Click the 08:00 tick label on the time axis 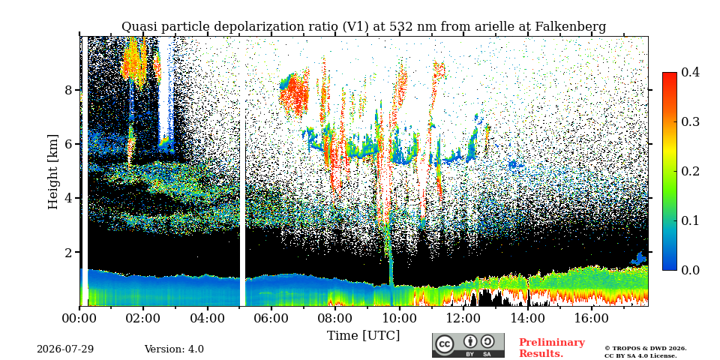tap(334, 318)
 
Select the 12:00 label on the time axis tap(463, 318)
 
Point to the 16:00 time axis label tap(591, 318)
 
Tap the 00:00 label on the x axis tap(79, 318)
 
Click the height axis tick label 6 tap(69, 144)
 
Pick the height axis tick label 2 tap(69, 252)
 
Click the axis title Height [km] tap(53, 172)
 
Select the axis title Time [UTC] tap(363, 336)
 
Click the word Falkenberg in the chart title tap(571, 27)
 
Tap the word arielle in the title tap(498, 27)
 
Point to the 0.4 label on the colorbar tap(690, 73)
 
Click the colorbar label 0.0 tap(690, 270)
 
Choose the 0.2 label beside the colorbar tap(690, 171)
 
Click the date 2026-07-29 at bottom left tap(65, 349)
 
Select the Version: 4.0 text tap(174, 349)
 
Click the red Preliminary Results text tap(552, 348)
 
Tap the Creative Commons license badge tap(468, 345)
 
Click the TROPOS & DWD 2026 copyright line tap(646, 349)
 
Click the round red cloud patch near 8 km tap(294, 94)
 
